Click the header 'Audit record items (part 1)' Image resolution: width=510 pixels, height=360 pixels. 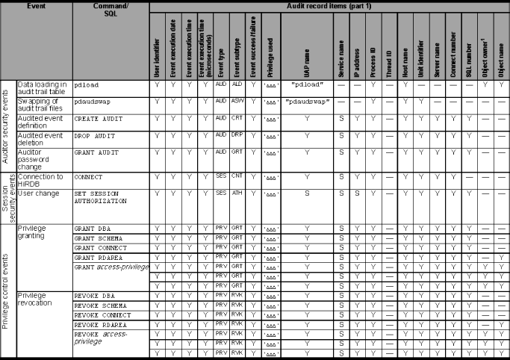[x=328, y=6]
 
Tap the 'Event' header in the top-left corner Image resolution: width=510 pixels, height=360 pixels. [x=37, y=6]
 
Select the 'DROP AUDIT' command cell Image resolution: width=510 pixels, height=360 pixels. [x=93, y=135]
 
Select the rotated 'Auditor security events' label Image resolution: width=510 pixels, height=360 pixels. [x=7, y=123]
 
